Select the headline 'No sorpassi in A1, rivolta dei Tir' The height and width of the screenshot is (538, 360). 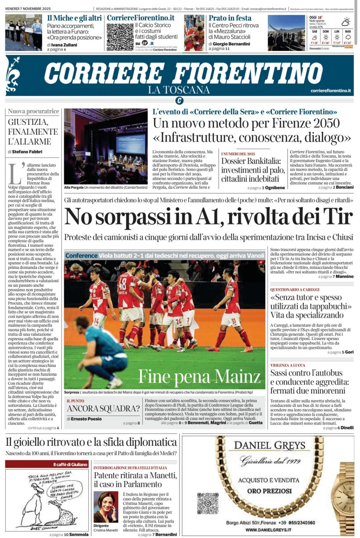[x=208, y=217]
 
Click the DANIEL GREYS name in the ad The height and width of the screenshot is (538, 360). [x=270, y=445]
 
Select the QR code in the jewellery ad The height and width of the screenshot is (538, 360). [x=208, y=503]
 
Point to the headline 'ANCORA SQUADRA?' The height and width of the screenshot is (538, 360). [x=103, y=408]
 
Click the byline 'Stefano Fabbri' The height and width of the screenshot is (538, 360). [x=27, y=152]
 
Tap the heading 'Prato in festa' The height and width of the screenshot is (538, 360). [x=230, y=18]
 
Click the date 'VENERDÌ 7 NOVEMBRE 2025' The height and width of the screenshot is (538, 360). [x=28, y=9]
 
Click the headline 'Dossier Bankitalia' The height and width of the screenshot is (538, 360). [x=251, y=161]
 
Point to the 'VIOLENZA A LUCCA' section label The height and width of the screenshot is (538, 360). [x=288, y=365]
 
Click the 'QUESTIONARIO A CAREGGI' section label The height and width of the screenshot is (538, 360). [x=295, y=289]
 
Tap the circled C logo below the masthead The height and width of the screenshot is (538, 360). [x=179, y=101]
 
